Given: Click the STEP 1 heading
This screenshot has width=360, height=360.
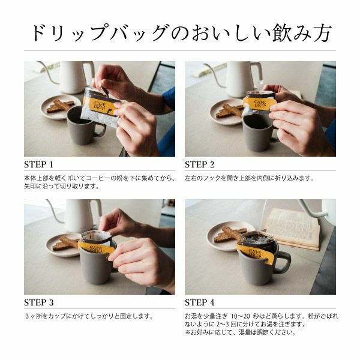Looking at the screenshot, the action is click(x=38, y=164).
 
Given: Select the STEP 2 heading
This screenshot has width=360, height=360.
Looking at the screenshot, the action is click(x=200, y=164).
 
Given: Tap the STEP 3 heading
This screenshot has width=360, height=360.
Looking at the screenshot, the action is click(x=39, y=302).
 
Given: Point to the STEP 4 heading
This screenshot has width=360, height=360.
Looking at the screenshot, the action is click(x=200, y=302).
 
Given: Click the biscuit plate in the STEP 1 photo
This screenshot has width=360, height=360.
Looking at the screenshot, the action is click(x=60, y=107).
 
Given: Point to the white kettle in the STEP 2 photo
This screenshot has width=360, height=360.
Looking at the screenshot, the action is click(x=241, y=78).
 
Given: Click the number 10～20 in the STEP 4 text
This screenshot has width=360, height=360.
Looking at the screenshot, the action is click(x=241, y=316).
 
